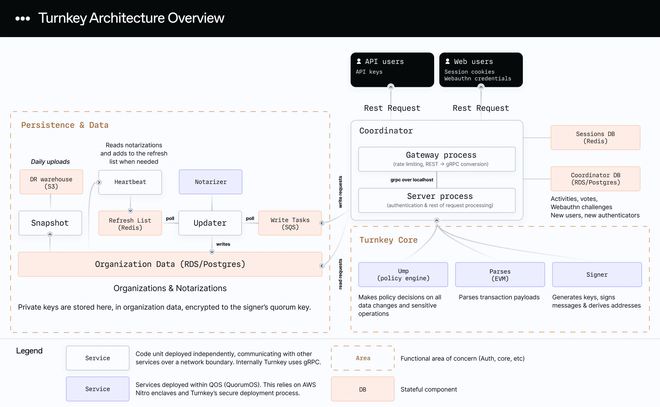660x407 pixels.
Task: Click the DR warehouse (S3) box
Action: tap(51, 182)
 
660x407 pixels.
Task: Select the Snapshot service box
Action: tap(50, 223)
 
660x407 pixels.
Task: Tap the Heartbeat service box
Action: tap(130, 182)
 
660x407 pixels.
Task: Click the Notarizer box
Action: tap(210, 182)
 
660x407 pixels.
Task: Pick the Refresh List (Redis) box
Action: tap(130, 223)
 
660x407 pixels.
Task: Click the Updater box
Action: tap(210, 223)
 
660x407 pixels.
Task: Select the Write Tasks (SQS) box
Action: tap(290, 223)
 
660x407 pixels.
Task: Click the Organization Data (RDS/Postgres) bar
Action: tap(170, 264)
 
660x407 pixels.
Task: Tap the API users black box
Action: tap(392, 70)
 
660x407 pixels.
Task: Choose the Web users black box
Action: tap(481, 70)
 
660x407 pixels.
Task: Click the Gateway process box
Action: tap(437, 159)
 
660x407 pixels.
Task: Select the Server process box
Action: tap(437, 200)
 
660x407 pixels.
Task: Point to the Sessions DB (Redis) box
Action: tap(595, 137)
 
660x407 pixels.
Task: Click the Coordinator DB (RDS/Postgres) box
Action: tap(595, 179)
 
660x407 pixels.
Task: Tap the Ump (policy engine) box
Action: tap(403, 274)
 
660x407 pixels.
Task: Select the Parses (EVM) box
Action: tap(500, 274)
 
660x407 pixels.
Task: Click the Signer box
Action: tap(597, 274)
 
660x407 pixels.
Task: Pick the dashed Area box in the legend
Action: tap(363, 358)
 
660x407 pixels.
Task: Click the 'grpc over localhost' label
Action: tap(411, 180)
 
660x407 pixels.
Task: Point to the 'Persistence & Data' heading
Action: tap(65, 125)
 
